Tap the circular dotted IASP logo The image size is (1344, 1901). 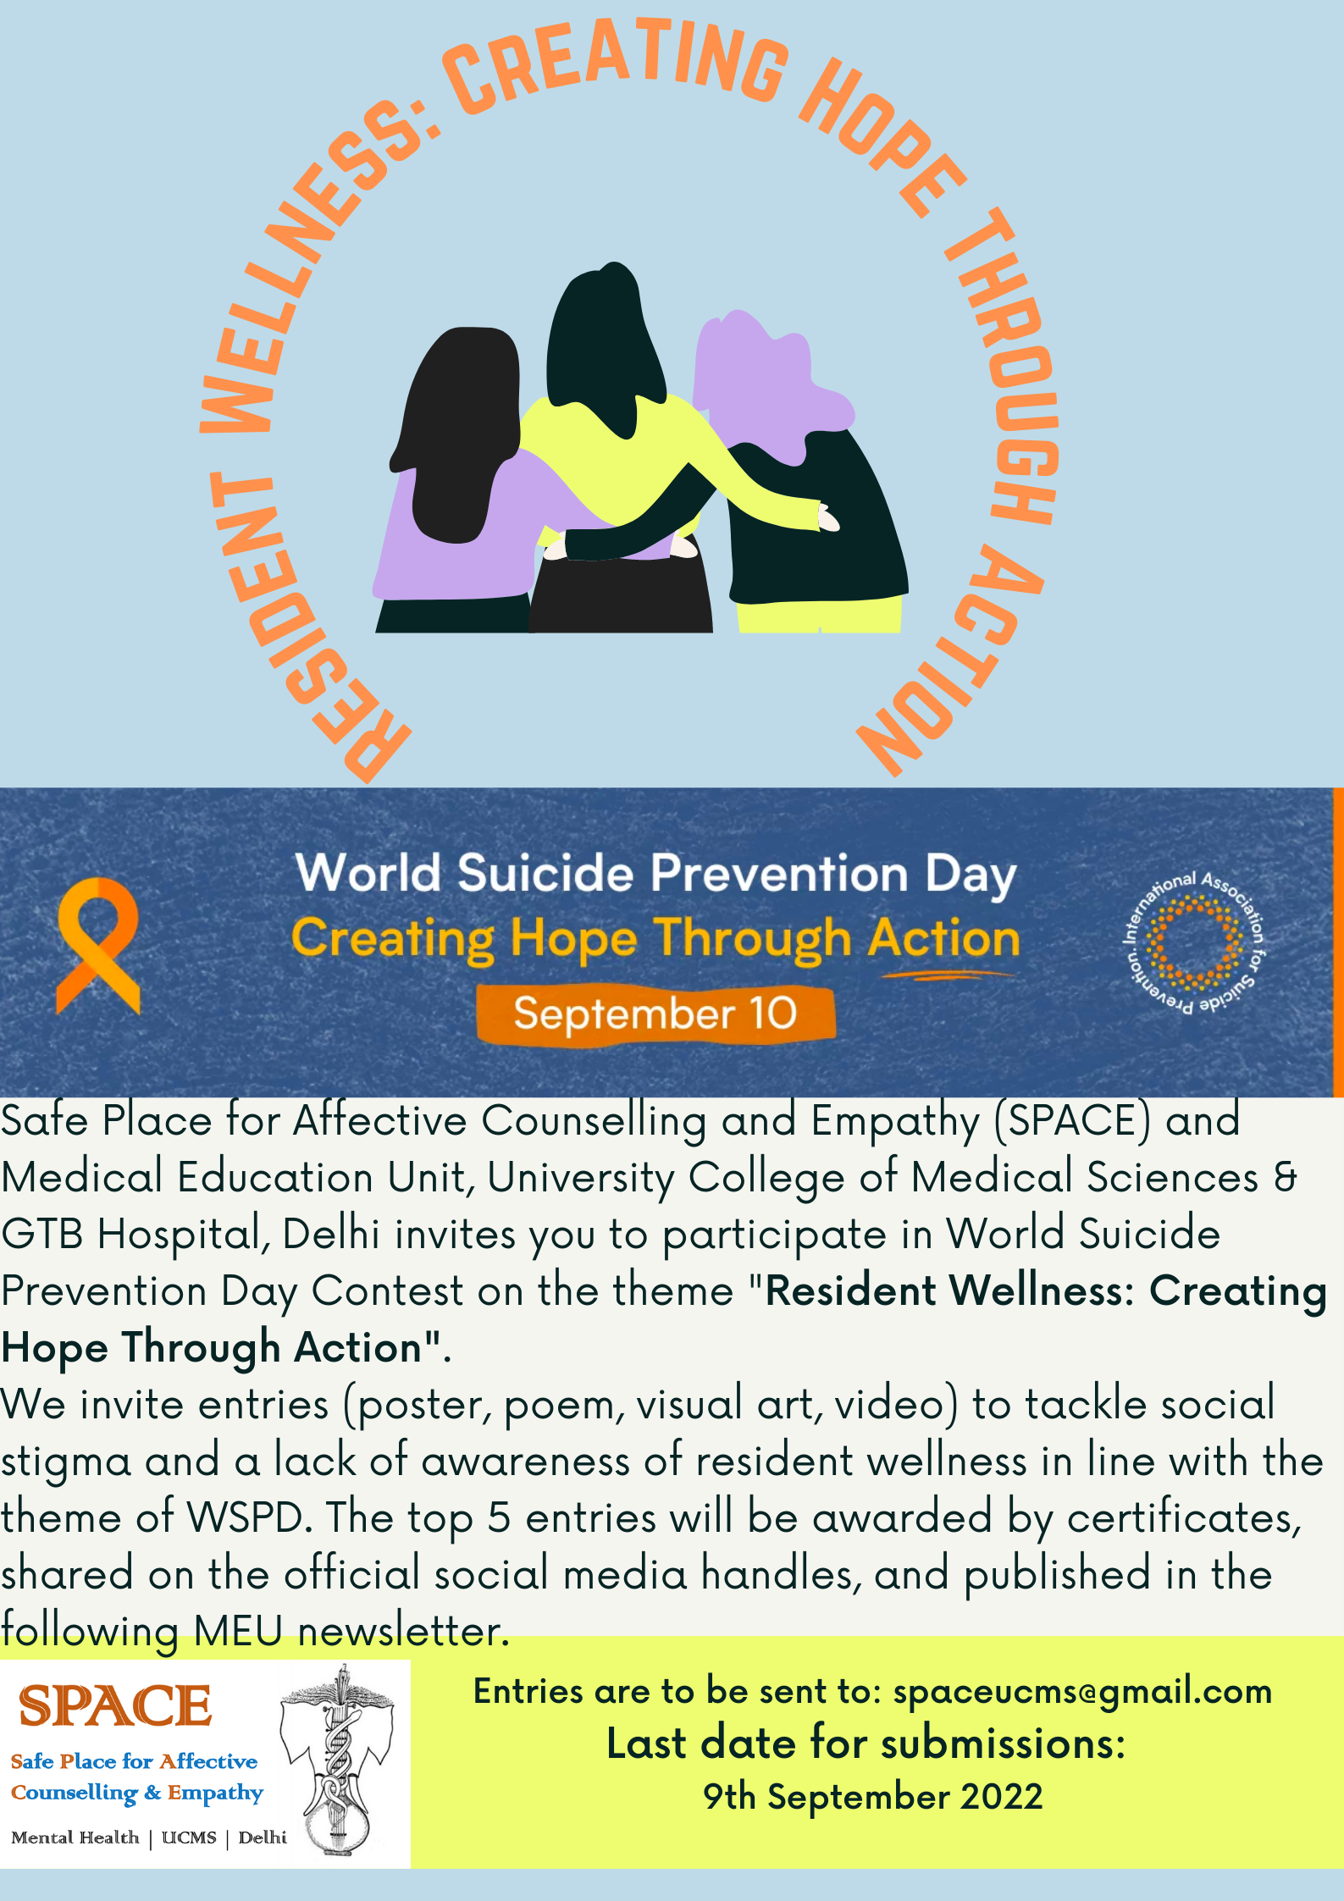coord(1194,942)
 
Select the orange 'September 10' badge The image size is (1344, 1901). coord(655,1014)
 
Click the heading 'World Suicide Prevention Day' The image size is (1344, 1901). coord(655,873)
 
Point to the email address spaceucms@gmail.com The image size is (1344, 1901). coord(1082,1692)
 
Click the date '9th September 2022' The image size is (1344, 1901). coord(872,1797)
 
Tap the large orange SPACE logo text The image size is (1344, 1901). coord(115,1705)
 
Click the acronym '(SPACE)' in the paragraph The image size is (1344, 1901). coord(1073,1121)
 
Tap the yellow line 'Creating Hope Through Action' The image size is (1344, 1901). coord(655,940)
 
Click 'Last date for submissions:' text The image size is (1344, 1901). coord(866,1744)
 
